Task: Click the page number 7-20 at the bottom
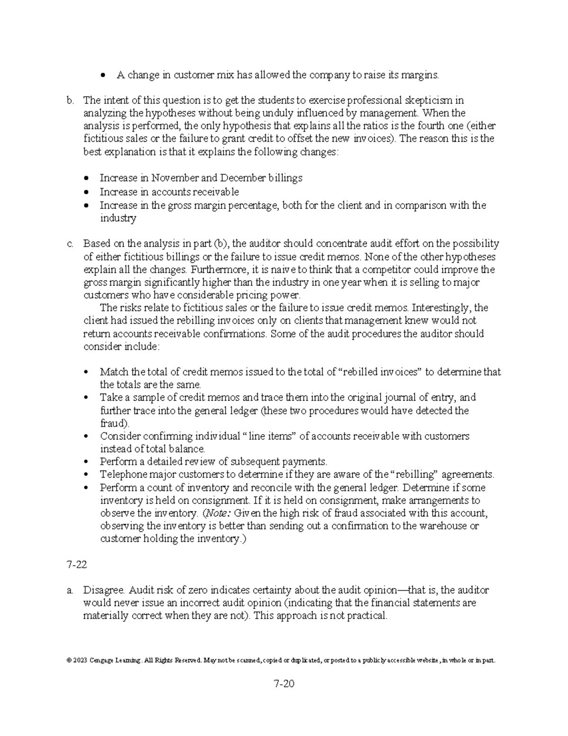tap(284, 684)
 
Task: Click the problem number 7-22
tap(76, 564)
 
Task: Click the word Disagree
tap(104, 591)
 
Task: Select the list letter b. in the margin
tap(71, 100)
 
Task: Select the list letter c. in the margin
tap(71, 244)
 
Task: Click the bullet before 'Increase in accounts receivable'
tap(86, 192)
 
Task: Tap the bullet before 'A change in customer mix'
tap(103, 75)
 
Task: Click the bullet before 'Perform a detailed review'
tap(85, 462)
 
